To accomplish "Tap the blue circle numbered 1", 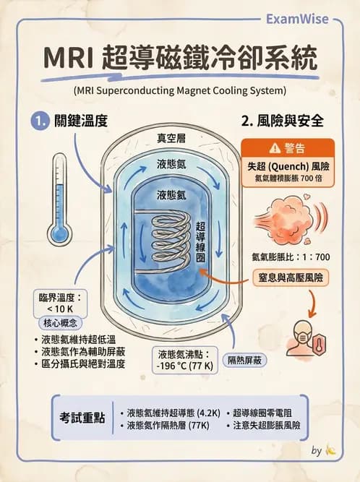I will tap(38, 121).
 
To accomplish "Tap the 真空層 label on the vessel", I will tap(172, 138).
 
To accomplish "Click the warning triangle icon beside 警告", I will tap(274, 148).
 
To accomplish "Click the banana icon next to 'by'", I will tap(332, 450).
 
